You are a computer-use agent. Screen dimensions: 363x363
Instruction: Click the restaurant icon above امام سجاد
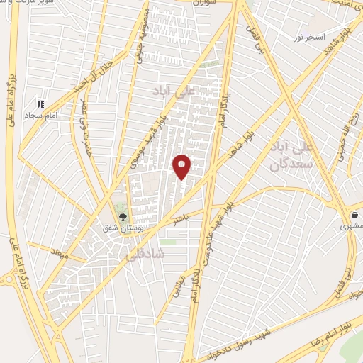(42, 104)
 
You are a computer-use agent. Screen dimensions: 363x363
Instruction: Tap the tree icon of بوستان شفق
(122, 218)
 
